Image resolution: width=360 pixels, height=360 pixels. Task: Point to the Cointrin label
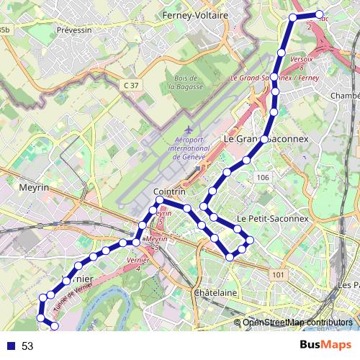pyautogui.click(x=170, y=192)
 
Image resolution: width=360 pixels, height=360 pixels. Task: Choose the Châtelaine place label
pyautogui.click(x=215, y=293)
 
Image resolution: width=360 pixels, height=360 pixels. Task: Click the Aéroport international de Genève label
pyautogui.click(x=186, y=150)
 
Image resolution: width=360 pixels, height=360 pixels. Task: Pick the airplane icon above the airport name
pyautogui.click(x=179, y=130)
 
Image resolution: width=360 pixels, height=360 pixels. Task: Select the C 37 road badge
pyautogui.click(x=130, y=85)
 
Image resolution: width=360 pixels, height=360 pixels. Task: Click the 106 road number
pyautogui.click(x=262, y=178)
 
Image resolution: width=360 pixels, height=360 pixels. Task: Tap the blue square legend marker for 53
pyautogui.click(x=10, y=346)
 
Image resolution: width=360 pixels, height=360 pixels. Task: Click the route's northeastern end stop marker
pyautogui.click(x=320, y=14)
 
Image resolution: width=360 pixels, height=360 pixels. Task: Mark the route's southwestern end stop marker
pyautogui.click(x=54, y=327)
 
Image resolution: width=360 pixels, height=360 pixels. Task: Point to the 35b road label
pyautogui.click(x=5, y=29)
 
